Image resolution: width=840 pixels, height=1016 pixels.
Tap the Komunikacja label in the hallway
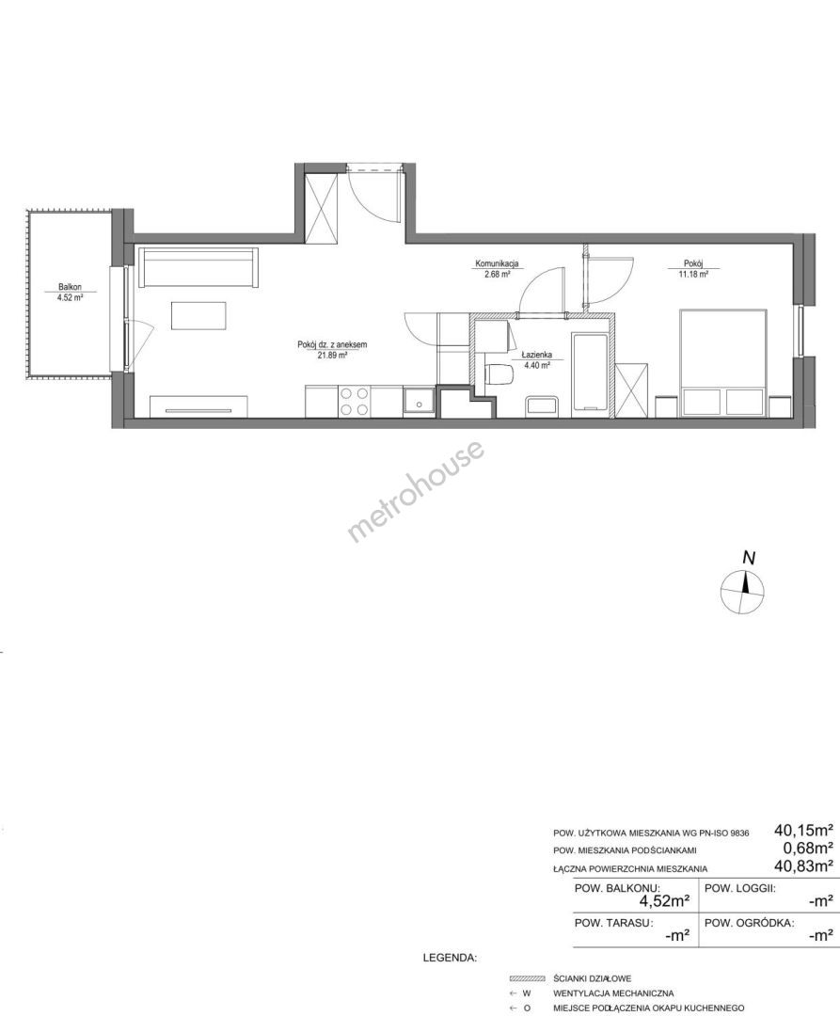pyautogui.click(x=497, y=263)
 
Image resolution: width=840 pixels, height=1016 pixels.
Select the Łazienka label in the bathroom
pyautogui.click(x=536, y=355)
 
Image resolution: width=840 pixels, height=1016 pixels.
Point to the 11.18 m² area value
pyautogui.click(x=693, y=274)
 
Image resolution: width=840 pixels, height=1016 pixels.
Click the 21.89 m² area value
pyautogui.click(x=332, y=355)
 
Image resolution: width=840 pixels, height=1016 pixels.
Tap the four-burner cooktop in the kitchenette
pyautogui.click(x=354, y=401)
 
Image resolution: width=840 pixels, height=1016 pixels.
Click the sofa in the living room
pyautogui.click(x=199, y=267)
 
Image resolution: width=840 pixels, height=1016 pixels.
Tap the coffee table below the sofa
pyautogui.click(x=199, y=316)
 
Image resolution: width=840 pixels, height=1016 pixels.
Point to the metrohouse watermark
pyautogui.click(x=416, y=490)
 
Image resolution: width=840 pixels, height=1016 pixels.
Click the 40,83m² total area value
pyautogui.click(x=803, y=865)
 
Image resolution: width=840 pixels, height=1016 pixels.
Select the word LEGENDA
pyautogui.click(x=450, y=957)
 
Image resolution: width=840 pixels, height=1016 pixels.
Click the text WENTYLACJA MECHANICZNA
pyautogui.click(x=613, y=992)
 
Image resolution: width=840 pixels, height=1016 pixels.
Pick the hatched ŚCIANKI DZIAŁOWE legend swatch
pyautogui.click(x=528, y=978)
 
